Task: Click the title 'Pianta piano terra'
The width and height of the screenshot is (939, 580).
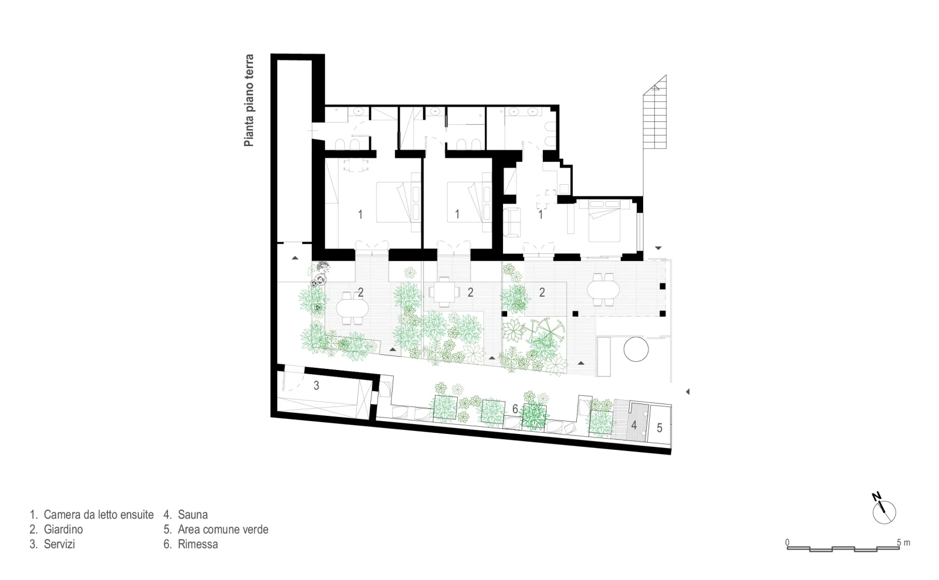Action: coord(249,100)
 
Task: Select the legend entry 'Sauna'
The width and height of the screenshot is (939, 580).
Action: coord(192,514)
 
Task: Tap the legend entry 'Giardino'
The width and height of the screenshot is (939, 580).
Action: coord(63,530)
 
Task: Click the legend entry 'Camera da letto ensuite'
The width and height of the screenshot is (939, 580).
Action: coord(99,514)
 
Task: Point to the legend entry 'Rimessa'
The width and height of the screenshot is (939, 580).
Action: coord(198,544)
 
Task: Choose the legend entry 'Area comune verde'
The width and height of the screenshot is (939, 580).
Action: coord(223,530)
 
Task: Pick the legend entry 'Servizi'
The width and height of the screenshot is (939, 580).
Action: coord(59,544)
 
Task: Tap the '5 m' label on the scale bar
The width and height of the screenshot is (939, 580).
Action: coord(903,542)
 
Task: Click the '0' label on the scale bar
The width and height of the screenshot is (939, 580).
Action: coord(787,542)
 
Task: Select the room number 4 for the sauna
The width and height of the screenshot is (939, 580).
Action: coord(634,426)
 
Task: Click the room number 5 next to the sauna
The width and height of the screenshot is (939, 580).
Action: coord(660,428)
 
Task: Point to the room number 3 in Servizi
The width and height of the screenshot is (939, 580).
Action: coord(316,385)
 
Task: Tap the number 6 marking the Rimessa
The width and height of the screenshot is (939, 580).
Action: coord(515,409)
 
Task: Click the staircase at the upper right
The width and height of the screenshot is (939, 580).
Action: coord(655,112)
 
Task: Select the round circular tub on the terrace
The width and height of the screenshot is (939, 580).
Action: coord(636,349)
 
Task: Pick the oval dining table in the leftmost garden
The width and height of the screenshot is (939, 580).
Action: coord(352,308)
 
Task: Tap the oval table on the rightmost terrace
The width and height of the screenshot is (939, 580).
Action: coord(603,289)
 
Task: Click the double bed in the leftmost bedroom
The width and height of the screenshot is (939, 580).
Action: coord(394,202)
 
